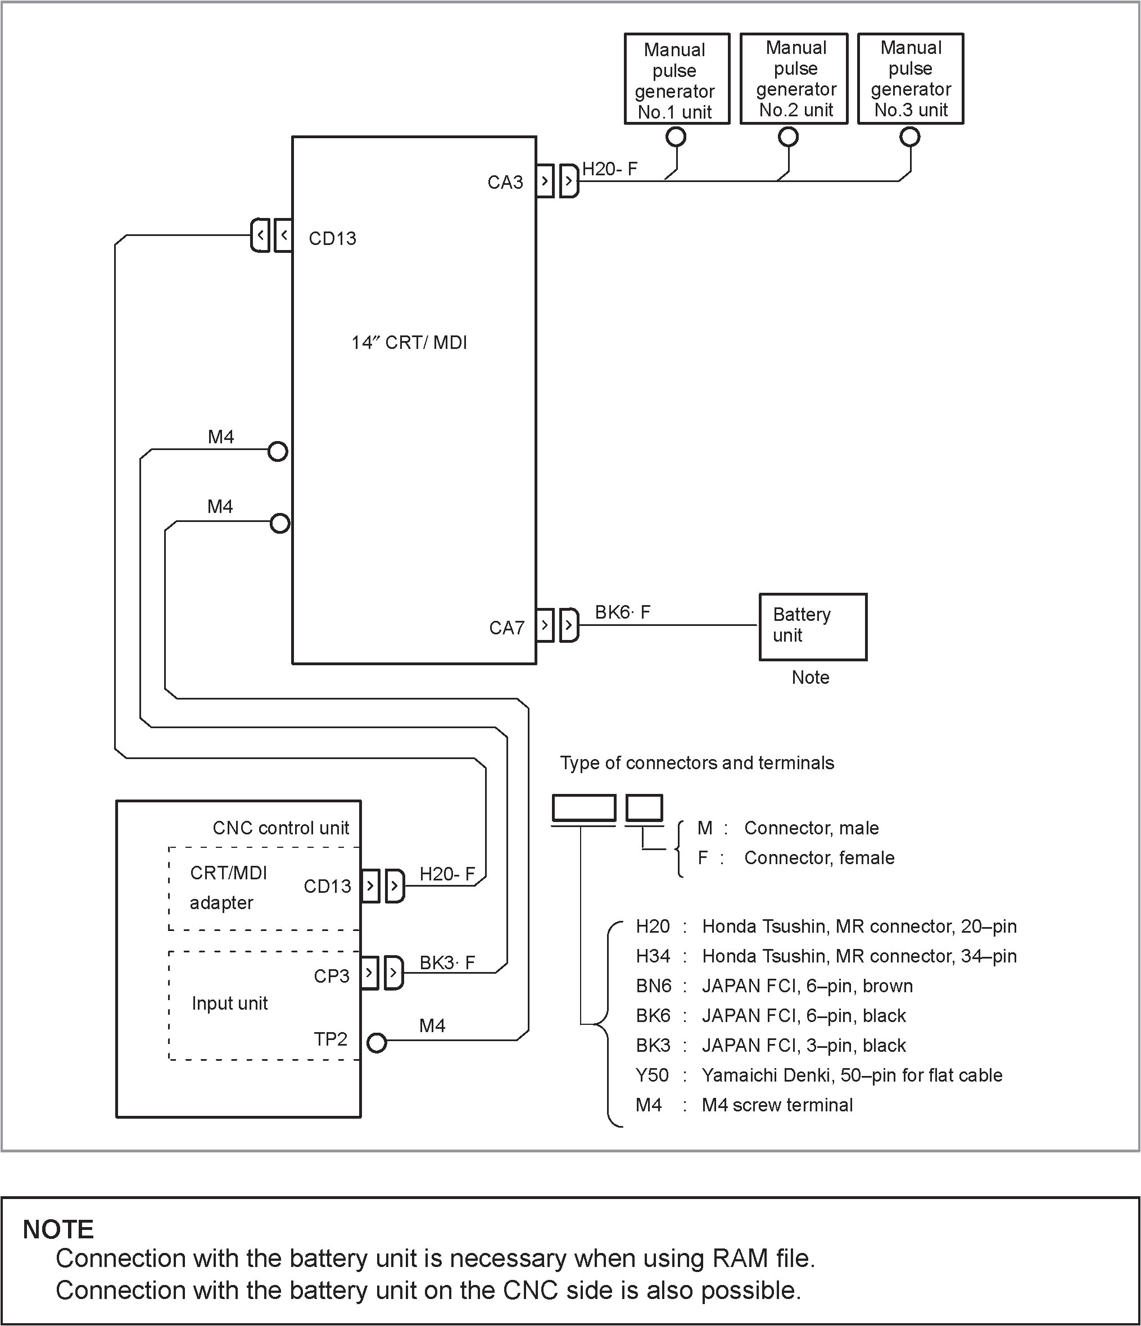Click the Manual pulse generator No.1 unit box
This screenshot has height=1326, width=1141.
pyautogui.click(x=677, y=79)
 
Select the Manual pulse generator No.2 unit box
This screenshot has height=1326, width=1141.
pyautogui.click(x=794, y=79)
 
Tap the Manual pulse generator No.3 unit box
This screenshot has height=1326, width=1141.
pyautogui.click(x=911, y=79)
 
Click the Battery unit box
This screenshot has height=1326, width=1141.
pyautogui.click(x=813, y=626)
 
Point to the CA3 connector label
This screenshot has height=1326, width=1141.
pyautogui.click(x=505, y=183)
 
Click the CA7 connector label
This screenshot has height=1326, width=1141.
pyautogui.click(x=506, y=628)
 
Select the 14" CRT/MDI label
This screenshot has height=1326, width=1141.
pyautogui.click(x=409, y=343)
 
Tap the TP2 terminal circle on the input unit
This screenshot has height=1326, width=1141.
pyautogui.click(x=377, y=1043)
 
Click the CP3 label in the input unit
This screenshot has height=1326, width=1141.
pyautogui.click(x=332, y=976)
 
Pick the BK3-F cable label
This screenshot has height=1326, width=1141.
pyautogui.click(x=447, y=962)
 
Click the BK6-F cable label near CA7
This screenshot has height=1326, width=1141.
pyautogui.click(x=622, y=612)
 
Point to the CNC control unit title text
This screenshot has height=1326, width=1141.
pyautogui.click(x=281, y=828)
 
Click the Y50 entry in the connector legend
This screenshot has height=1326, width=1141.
pyautogui.click(x=652, y=1075)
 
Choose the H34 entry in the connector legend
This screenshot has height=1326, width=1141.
pyautogui.click(x=653, y=956)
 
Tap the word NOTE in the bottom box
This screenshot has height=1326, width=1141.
pyautogui.click(x=58, y=1229)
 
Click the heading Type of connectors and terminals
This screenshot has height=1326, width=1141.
pyautogui.click(x=696, y=763)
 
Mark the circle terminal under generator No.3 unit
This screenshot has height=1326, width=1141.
pyautogui.click(x=909, y=137)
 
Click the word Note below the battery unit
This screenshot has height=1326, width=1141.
pyautogui.click(x=810, y=678)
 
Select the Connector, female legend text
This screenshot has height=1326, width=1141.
pyautogui.click(x=819, y=857)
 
